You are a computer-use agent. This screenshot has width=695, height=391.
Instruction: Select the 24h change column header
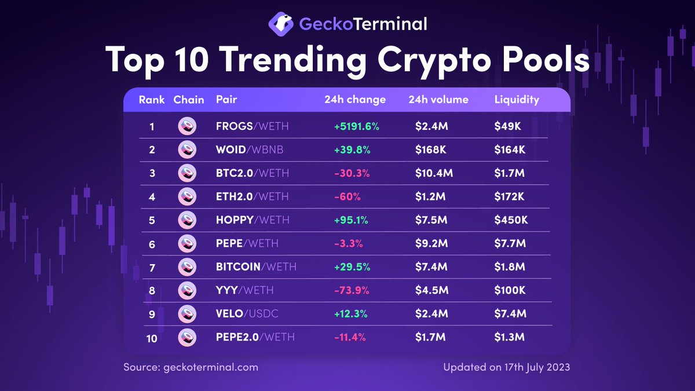(x=354, y=100)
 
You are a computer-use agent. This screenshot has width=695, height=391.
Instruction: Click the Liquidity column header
(x=517, y=100)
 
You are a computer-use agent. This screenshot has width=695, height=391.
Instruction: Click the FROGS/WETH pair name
(x=252, y=126)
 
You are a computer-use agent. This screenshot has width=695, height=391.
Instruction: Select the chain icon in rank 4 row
(x=187, y=197)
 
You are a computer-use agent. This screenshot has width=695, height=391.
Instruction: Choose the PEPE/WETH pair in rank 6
(x=247, y=244)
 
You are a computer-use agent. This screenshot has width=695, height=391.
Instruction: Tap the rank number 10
(x=152, y=338)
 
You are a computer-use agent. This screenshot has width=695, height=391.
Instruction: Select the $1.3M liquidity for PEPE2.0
(x=510, y=337)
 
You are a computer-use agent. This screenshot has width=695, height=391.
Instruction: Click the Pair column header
(x=226, y=100)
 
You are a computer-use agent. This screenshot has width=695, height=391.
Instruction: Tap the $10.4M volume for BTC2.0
(x=434, y=173)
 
